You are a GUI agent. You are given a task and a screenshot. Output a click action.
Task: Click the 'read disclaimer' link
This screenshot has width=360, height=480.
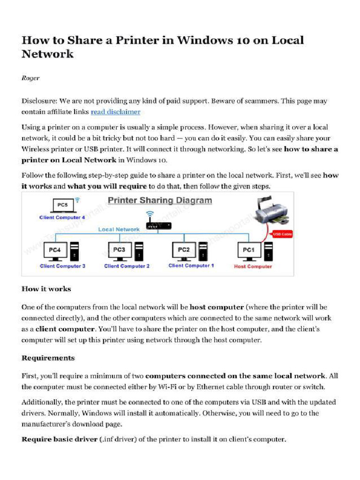tap(115, 112)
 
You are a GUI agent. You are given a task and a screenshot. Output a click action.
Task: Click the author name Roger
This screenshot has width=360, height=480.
tap(30, 78)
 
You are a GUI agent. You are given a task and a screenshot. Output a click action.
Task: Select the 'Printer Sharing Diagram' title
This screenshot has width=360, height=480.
tap(160, 201)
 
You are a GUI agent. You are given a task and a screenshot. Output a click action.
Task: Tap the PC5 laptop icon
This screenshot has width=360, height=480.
tap(62, 205)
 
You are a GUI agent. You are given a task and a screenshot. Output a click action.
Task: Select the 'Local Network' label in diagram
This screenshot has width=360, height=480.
tap(119, 229)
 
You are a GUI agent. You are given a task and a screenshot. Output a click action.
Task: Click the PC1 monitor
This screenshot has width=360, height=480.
tap(248, 251)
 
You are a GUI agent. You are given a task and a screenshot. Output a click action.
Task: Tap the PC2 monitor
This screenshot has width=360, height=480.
tap(184, 251)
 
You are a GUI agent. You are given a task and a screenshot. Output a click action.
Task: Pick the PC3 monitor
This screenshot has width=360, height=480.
tap(120, 251)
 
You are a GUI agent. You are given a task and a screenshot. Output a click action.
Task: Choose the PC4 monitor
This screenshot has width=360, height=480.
tap(55, 251)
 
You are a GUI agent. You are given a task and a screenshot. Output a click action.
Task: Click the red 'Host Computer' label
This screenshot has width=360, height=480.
tap(253, 266)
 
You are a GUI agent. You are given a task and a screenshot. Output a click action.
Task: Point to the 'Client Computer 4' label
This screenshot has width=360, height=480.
tap(62, 217)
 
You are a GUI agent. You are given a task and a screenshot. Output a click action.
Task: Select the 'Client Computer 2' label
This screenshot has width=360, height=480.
tap(127, 266)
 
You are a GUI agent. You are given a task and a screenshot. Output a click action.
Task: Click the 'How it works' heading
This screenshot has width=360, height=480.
tap(46, 289)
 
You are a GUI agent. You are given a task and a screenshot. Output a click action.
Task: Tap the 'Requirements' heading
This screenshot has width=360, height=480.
tap(48, 358)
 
